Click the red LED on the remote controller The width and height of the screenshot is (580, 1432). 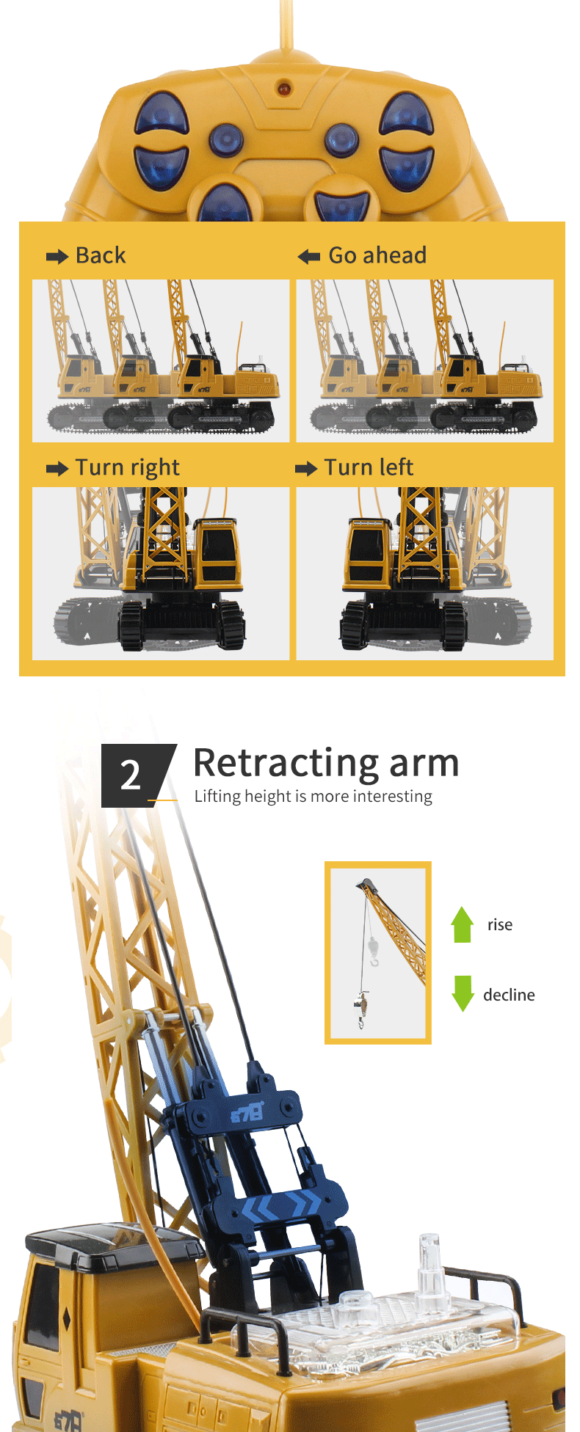click(283, 89)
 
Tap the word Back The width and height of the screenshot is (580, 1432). click(101, 255)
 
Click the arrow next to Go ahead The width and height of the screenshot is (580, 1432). click(309, 257)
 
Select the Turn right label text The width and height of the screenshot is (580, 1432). click(128, 468)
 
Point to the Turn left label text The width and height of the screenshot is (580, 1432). click(369, 467)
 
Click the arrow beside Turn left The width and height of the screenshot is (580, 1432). click(306, 469)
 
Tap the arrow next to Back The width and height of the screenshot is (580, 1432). click(57, 257)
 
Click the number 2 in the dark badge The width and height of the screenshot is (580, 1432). click(130, 775)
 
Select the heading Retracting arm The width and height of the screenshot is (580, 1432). click(326, 763)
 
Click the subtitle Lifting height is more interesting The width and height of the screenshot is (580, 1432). click(313, 797)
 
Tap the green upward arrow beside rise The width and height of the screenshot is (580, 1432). click(462, 924)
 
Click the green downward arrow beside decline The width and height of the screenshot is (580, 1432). click(463, 994)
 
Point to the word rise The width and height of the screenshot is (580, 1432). click(500, 924)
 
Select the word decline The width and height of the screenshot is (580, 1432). click(509, 995)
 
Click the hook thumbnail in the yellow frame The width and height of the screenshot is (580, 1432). click(378, 953)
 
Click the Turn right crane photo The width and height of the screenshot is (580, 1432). click(161, 574)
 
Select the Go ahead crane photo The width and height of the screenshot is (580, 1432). click(425, 361)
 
